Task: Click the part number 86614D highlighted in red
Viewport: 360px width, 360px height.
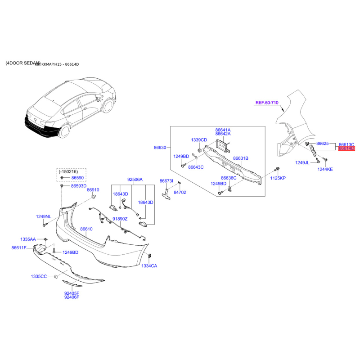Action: [x=346, y=148]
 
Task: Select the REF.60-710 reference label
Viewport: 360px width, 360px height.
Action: [x=267, y=103]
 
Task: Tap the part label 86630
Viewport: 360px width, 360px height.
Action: [x=160, y=147]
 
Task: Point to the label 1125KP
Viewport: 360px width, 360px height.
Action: [x=277, y=179]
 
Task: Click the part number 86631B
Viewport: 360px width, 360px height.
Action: [x=241, y=158]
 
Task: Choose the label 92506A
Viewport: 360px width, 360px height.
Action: [x=135, y=180]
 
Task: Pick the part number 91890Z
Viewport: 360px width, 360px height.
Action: [x=120, y=219]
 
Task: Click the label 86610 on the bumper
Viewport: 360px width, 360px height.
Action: [x=86, y=229]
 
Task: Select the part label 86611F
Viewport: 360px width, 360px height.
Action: [x=19, y=248]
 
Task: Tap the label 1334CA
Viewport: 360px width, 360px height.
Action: [x=149, y=266]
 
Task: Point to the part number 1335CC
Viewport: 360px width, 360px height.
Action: [x=39, y=276]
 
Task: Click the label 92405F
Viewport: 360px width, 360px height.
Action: [x=72, y=292]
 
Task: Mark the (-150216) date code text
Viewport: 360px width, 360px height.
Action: [x=67, y=171]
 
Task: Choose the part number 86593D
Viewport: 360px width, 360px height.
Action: [x=79, y=186]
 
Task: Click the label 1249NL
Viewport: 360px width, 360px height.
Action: [x=44, y=217]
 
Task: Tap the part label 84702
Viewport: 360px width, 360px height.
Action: [x=180, y=192]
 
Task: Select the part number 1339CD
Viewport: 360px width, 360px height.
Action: [x=199, y=140]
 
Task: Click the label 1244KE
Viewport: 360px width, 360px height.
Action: [x=324, y=169]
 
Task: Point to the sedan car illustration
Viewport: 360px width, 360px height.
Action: [x=70, y=108]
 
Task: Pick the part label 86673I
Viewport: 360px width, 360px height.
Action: [x=166, y=181]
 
